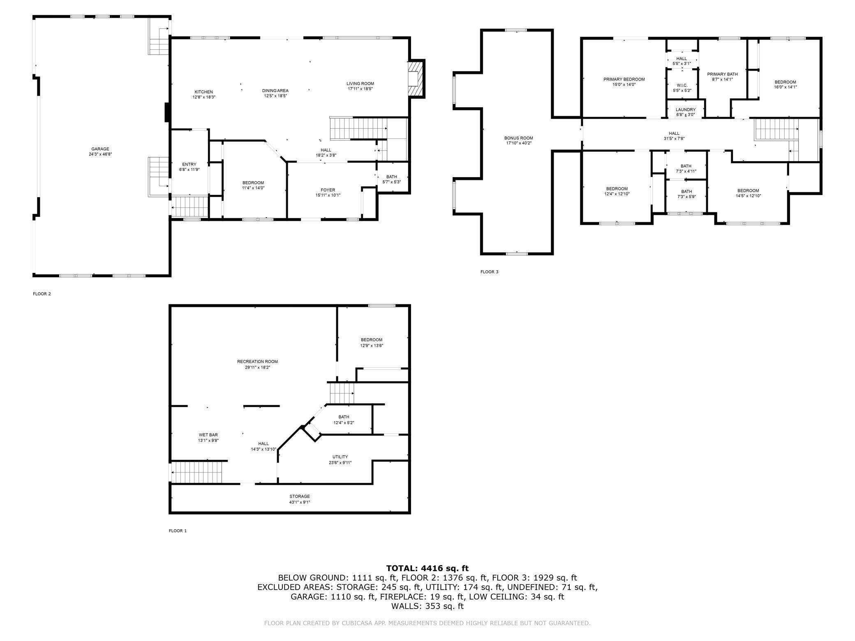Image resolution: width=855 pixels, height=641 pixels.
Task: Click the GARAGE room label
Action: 100,149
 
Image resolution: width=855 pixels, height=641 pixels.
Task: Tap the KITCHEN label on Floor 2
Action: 204,92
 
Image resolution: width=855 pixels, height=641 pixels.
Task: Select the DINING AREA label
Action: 275,91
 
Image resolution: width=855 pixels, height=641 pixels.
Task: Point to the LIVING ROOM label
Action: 360,84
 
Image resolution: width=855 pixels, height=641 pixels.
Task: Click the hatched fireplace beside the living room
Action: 416,78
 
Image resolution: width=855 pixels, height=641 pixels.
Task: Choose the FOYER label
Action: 328,190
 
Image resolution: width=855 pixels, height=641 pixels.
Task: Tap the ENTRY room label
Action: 189,164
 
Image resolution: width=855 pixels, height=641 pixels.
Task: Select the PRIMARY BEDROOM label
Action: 624,79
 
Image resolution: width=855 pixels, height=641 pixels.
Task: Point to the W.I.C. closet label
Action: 682,85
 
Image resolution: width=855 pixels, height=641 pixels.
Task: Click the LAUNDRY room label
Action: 686,110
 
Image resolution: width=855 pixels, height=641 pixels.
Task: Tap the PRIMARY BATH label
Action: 722,74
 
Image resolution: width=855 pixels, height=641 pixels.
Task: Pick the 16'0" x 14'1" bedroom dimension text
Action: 786,87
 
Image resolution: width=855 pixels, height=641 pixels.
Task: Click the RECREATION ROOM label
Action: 257,362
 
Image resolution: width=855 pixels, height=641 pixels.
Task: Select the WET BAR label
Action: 208,435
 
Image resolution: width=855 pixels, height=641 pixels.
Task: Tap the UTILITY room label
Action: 340,457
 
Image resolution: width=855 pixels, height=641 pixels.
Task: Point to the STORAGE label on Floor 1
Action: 300,496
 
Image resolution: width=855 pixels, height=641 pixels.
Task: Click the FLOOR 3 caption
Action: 489,272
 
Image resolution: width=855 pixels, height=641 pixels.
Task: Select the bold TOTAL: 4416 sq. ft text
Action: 427,569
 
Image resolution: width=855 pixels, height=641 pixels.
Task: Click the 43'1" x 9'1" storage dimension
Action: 300,502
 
